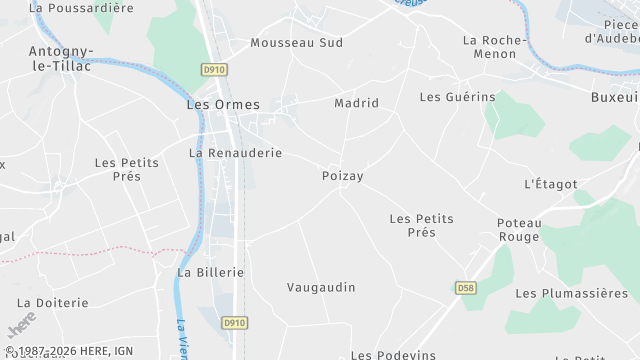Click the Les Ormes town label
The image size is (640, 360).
[223, 104]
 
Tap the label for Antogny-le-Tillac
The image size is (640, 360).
[62, 59]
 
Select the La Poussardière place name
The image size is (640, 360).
[81, 7]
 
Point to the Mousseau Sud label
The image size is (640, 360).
[296, 43]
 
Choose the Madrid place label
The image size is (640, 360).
[356, 103]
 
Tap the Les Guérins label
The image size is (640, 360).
[457, 97]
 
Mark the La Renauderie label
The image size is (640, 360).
[235, 153]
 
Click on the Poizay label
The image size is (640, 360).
[342, 176]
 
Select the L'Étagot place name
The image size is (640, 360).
[551, 184]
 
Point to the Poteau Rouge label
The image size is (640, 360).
[519, 230]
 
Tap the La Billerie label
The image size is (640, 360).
[210, 272]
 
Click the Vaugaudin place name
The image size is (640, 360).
[321, 287]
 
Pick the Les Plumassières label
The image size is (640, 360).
[571, 293]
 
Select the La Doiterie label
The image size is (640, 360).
[53, 302]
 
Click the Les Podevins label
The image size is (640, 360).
[394, 354]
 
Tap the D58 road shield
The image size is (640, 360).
[464, 288]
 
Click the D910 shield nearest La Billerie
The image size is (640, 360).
[234, 323]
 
